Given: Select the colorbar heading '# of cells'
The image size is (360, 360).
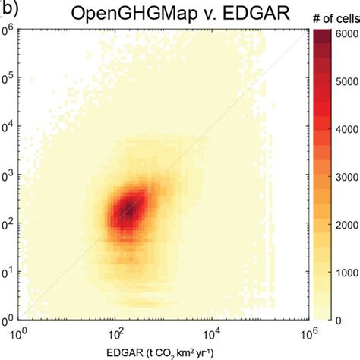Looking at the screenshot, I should tap(332, 17).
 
